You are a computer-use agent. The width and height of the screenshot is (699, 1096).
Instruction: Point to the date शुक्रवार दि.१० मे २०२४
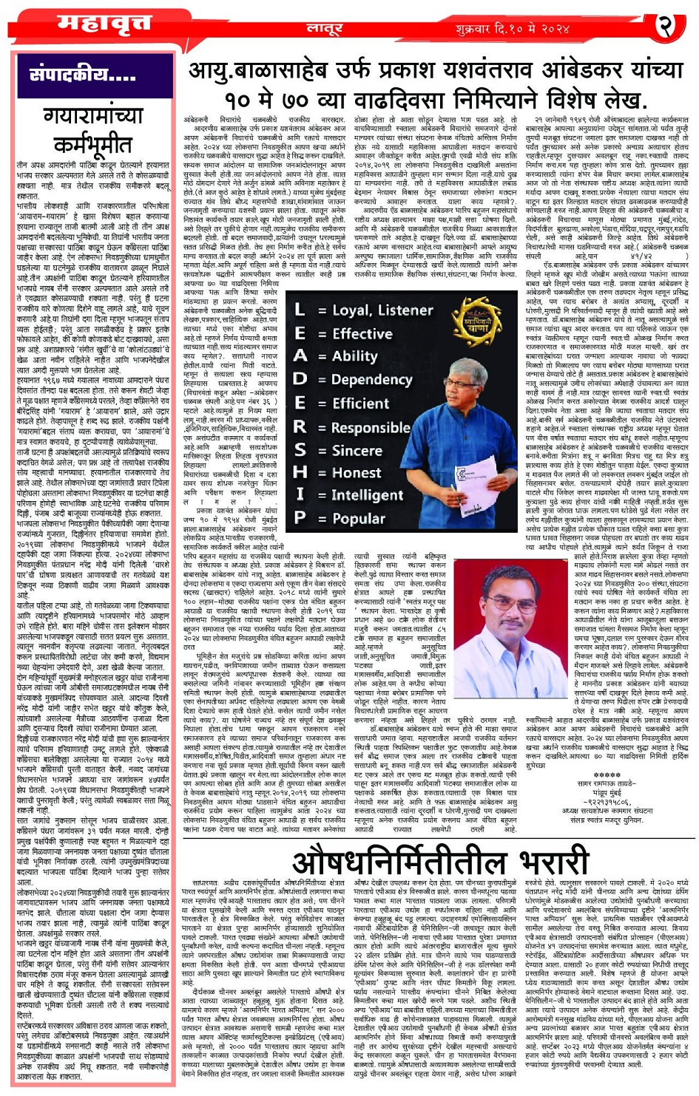(x=513, y=29)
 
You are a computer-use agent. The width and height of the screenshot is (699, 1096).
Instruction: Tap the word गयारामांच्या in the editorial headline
(x=93, y=116)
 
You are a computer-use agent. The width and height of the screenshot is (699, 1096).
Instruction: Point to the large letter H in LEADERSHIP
(x=299, y=472)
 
